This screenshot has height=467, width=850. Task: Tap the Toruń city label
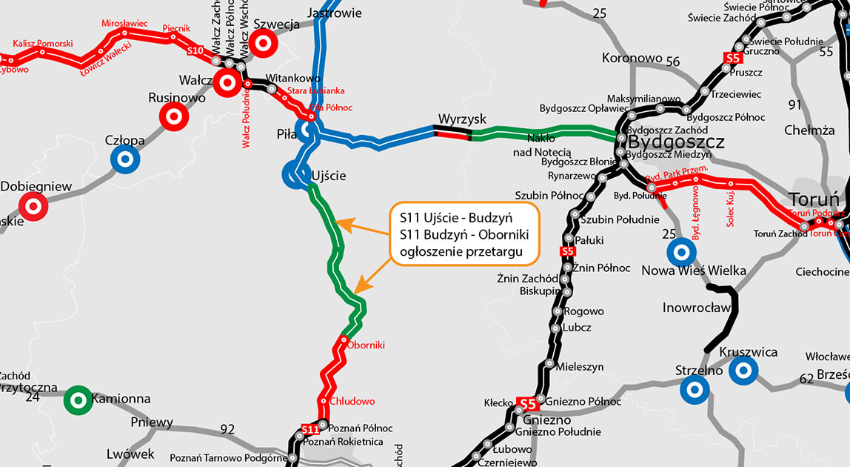coord(814,199)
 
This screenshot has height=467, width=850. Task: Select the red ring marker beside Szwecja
coord(261,44)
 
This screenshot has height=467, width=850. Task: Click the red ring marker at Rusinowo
coord(174,116)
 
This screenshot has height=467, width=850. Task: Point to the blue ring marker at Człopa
coord(125,158)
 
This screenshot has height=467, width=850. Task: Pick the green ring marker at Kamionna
coord(78,400)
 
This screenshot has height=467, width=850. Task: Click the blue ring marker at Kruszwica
coord(743,371)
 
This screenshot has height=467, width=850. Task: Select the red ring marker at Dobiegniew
coord(33,206)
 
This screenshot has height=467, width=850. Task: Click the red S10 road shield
coord(195,51)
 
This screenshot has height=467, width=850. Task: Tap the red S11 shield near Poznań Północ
coord(310,429)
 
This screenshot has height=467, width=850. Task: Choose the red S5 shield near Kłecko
coord(526,404)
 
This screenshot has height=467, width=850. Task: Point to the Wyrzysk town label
coord(462,119)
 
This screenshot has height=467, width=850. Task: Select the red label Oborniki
coord(366,345)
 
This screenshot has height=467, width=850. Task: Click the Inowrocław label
coord(697,307)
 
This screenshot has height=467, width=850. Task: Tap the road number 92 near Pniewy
coord(227,428)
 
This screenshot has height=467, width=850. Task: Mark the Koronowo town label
coord(632,58)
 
